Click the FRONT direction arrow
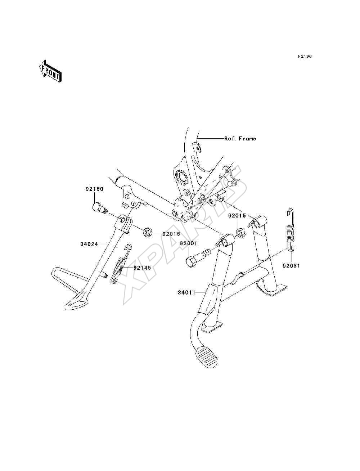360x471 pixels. point(50,71)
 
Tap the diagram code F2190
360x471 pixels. point(305,57)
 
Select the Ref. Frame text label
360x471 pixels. point(240,139)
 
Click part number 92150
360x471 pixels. point(95,189)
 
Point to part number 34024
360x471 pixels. point(89,244)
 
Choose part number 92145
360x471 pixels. point(142,268)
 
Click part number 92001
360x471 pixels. point(188,243)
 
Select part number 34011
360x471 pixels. point(186,292)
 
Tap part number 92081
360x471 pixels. point(291,266)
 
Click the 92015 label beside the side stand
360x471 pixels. point(171,234)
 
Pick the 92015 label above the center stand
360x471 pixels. point(237,216)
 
